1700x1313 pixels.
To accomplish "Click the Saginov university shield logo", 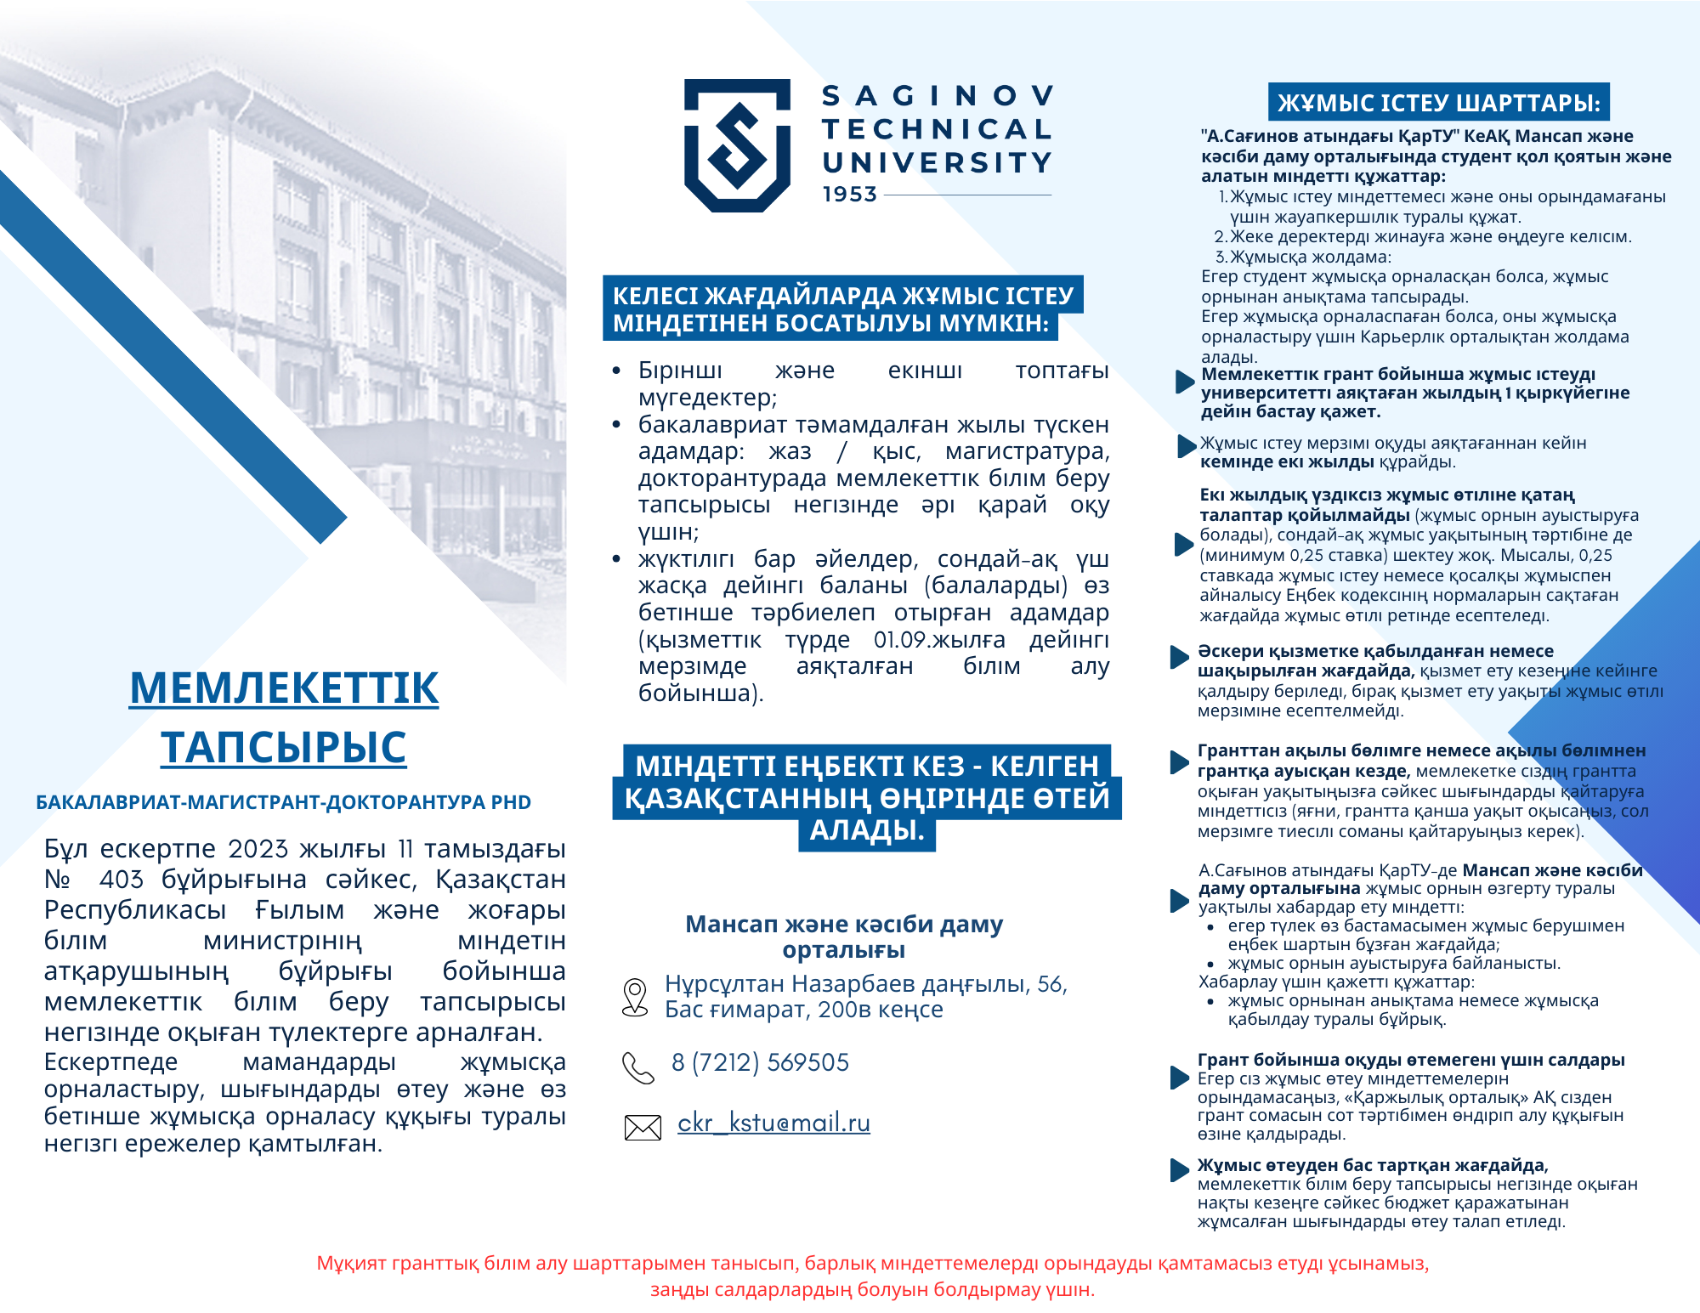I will click(737, 144).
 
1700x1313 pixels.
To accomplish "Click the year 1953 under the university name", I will click(849, 195).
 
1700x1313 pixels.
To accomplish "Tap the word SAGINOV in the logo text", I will click(938, 96).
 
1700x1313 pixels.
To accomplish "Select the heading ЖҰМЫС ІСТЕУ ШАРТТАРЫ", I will click(1438, 103).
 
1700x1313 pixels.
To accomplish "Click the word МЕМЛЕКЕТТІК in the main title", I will click(284, 688).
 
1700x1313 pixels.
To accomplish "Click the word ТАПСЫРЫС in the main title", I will click(284, 747).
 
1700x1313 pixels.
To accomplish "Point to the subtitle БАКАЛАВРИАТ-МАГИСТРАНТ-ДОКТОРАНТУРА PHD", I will click(283, 802).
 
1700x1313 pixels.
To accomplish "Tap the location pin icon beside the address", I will click(635, 997).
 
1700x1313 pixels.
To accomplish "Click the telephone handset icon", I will click(638, 1067).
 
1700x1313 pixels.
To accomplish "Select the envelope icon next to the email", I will click(643, 1127).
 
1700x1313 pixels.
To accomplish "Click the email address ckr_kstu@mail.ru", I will click(773, 1123).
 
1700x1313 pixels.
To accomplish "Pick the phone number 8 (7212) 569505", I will click(760, 1062).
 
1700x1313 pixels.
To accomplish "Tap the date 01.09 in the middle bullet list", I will click(899, 640).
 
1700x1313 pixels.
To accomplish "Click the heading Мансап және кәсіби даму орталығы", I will click(844, 937).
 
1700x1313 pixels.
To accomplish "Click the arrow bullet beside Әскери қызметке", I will click(1179, 657).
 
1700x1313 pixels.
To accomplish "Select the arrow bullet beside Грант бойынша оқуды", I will click(1179, 1077).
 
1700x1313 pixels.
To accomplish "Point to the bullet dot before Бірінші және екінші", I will click(616, 371).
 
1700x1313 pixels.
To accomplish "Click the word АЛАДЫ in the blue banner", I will click(865, 830).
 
